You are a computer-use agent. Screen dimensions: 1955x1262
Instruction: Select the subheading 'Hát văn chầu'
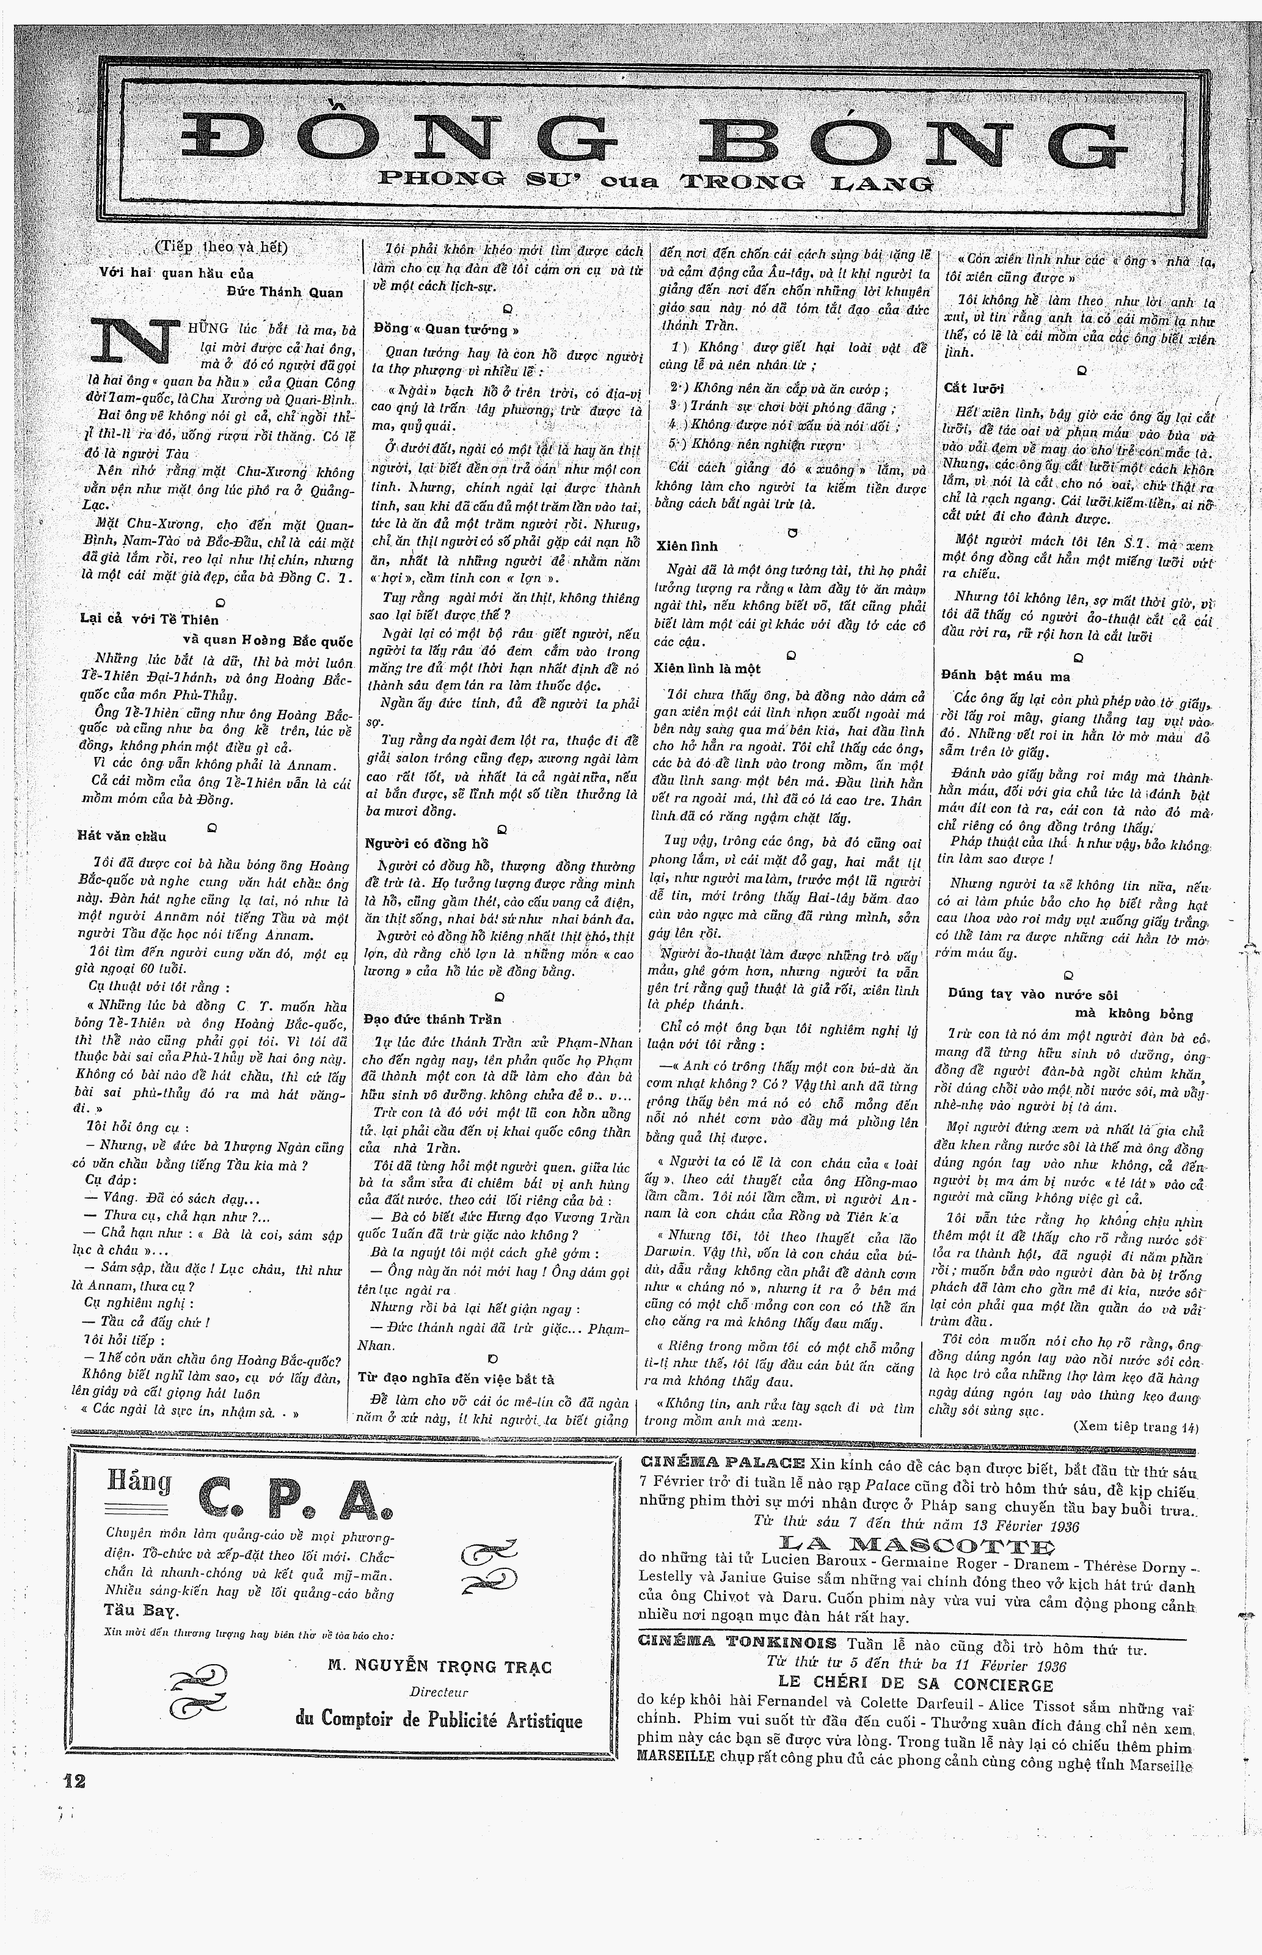pyautogui.click(x=122, y=836)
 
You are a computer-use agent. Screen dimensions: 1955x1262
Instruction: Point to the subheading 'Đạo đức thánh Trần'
pyautogui.click(x=432, y=1019)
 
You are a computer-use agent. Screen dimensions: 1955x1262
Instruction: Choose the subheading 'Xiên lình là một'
pyautogui.click(x=707, y=668)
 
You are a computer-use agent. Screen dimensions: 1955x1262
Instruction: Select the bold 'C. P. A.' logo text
pyautogui.click(x=295, y=1499)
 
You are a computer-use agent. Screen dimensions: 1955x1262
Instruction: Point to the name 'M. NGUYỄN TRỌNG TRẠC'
pyautogui.click(x=439, y=1666)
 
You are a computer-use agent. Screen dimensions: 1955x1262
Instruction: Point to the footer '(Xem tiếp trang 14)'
pyautogui.click(x=1134, y=1427)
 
